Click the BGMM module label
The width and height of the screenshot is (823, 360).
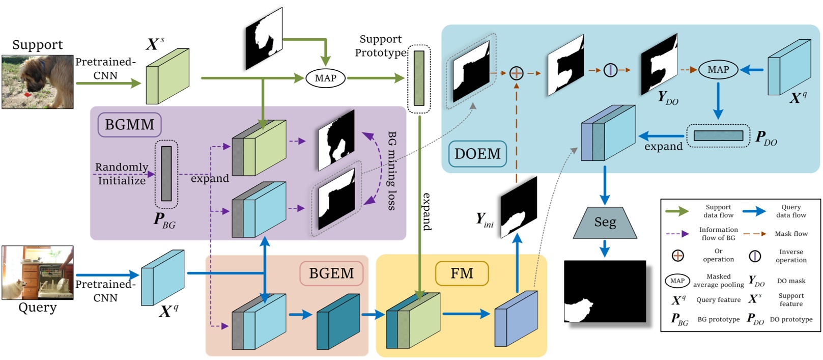click(x=129, y=125)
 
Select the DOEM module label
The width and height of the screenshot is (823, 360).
click(x=477, y=154)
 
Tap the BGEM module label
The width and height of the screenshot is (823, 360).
click(x=331, y=273)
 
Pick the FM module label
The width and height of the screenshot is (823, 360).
click(x=462, y=273)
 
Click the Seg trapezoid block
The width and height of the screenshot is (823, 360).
click(x=605, y=223)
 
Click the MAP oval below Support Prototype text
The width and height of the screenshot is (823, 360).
click(x=325, y=78)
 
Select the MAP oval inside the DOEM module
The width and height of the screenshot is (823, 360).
click(x=718, y=70)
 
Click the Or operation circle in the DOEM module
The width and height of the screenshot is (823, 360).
click(x=516, y=73)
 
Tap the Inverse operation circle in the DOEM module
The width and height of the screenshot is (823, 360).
click(x=610, y=70)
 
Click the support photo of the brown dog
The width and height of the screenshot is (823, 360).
click(x=37, y=82)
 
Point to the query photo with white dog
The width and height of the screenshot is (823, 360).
click(x=37, y=272)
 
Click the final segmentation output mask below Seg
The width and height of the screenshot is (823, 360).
click(x=605, y=291)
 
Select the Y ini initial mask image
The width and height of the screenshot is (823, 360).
click(x=519, y=208)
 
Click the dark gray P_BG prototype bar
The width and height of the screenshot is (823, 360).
click(x=166, y=174)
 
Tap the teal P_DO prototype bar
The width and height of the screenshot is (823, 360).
click(x=718, y=136)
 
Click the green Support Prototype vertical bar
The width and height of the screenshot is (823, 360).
click(x=419, y=78)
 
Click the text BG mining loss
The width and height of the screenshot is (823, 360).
click(x=391, y=171)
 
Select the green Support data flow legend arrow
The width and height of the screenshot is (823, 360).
click(x=677, y=211)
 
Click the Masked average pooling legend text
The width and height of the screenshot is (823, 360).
click(x=718, y=281)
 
